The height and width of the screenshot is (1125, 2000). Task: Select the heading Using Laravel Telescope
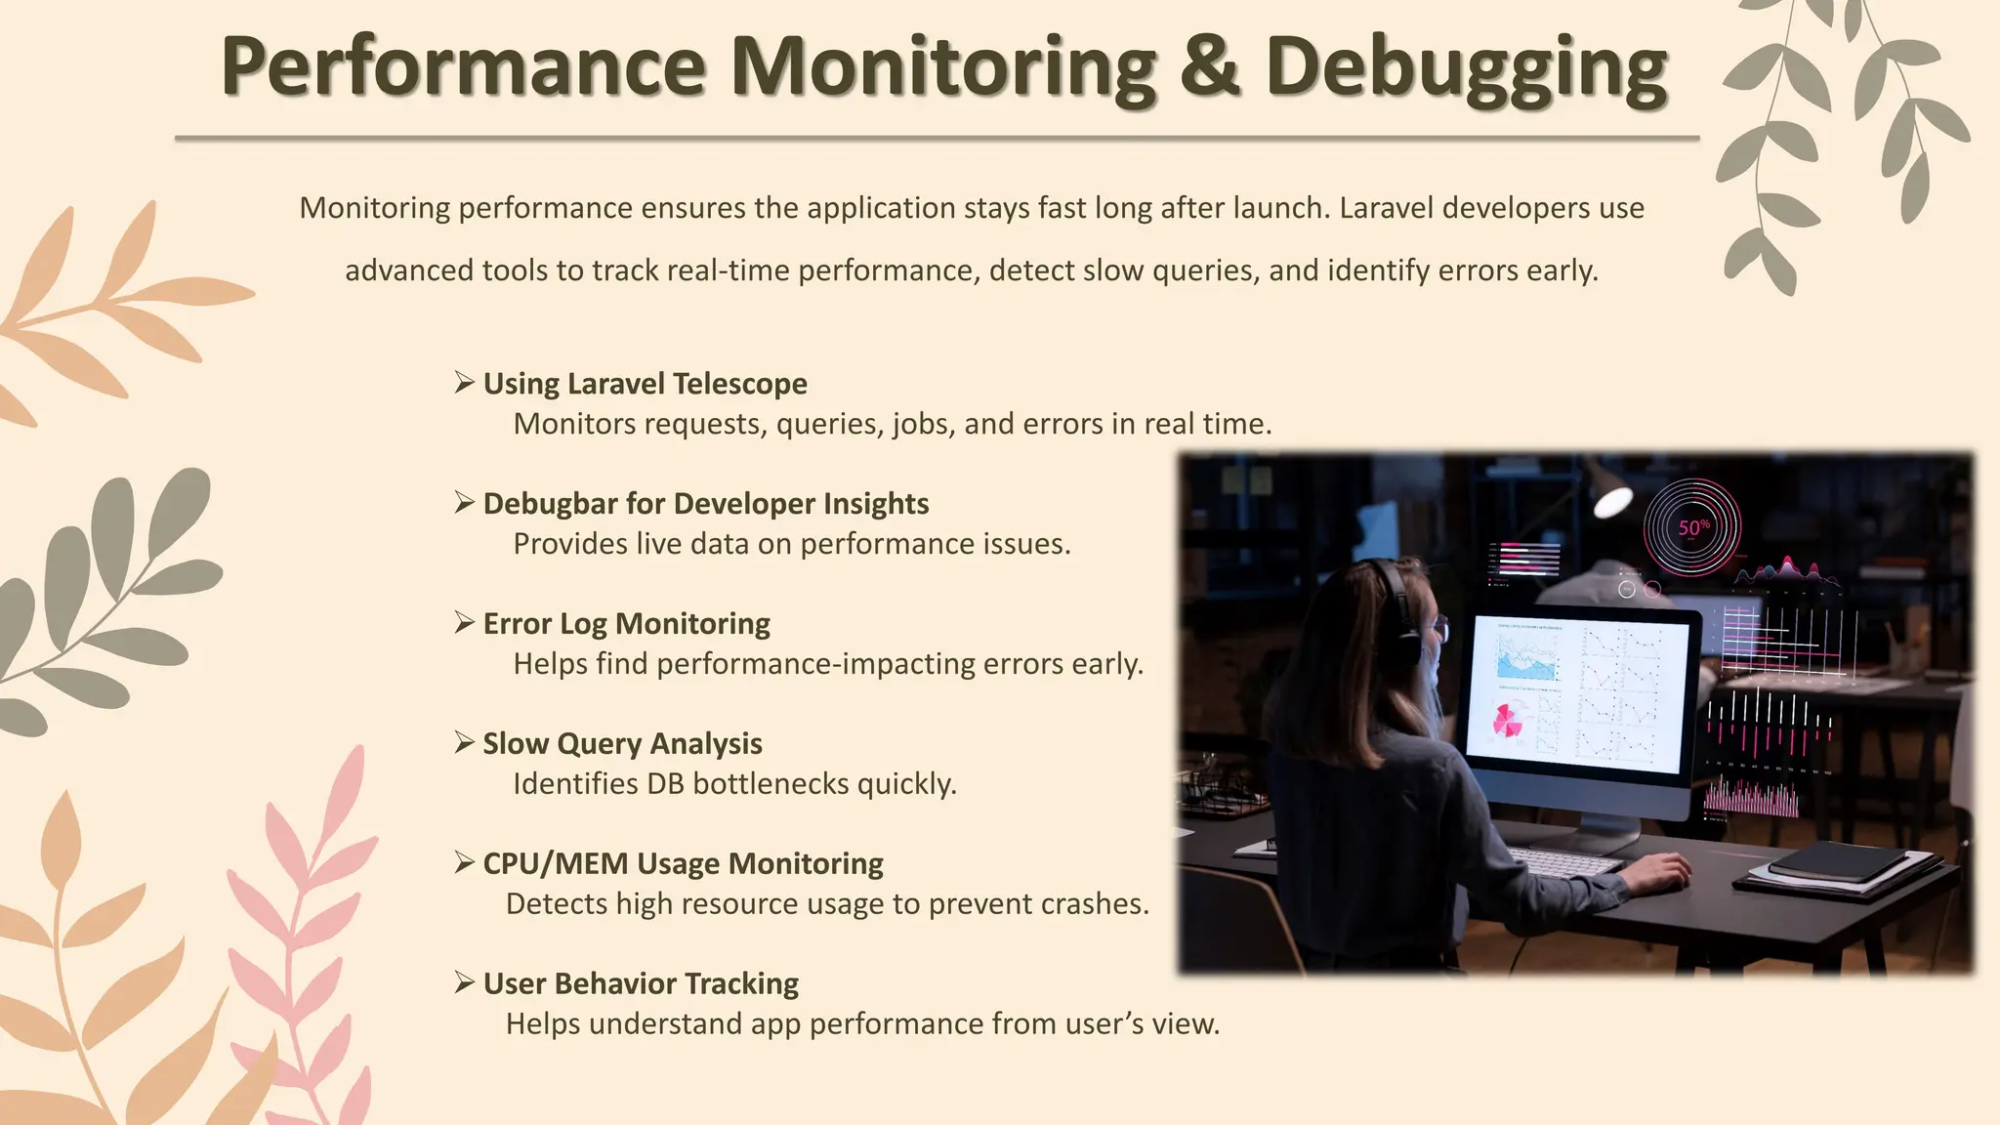click(645, 384)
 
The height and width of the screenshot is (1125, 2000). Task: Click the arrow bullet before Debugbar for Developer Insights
click(465, 503)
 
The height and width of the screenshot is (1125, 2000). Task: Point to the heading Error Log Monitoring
click(626, 624)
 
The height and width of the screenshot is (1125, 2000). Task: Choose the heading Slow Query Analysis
click(622, 744)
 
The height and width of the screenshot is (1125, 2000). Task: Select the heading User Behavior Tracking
click(641, 984)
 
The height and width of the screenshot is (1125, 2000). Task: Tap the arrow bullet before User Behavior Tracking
click(465, 983)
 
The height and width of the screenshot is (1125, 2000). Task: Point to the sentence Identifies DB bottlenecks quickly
click(734, 784)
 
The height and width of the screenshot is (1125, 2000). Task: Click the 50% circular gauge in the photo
click(1692, 528)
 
